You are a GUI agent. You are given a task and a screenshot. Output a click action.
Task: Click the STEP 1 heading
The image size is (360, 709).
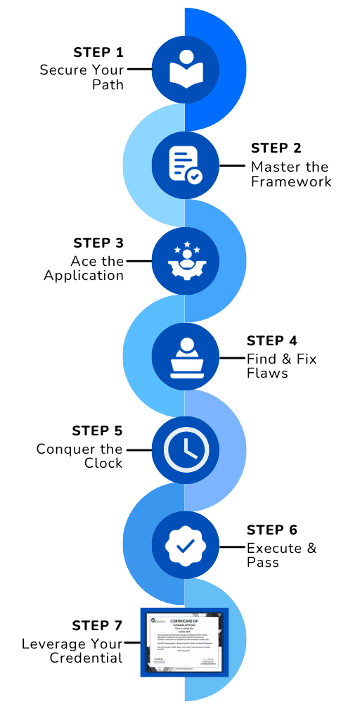pyautogui.click(x=98, y=53)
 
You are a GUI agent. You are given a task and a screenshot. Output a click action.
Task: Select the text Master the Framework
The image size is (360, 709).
pyautogui.click(x=291, y=174)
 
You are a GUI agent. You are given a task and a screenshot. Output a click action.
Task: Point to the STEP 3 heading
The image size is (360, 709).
pyautogui.click(x=98, y=243)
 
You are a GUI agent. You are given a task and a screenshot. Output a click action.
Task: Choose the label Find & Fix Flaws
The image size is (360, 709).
pyautogui.click(x=281, y=366)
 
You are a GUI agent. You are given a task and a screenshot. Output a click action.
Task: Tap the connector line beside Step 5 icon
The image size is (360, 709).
pyautogui.click(x=139, y=449)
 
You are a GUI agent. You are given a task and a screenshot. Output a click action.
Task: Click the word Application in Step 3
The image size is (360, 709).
pyautogui.click(x=84, y=275)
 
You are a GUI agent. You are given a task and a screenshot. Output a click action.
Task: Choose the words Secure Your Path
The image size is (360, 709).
pyautogui.click(x=82, y=77)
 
